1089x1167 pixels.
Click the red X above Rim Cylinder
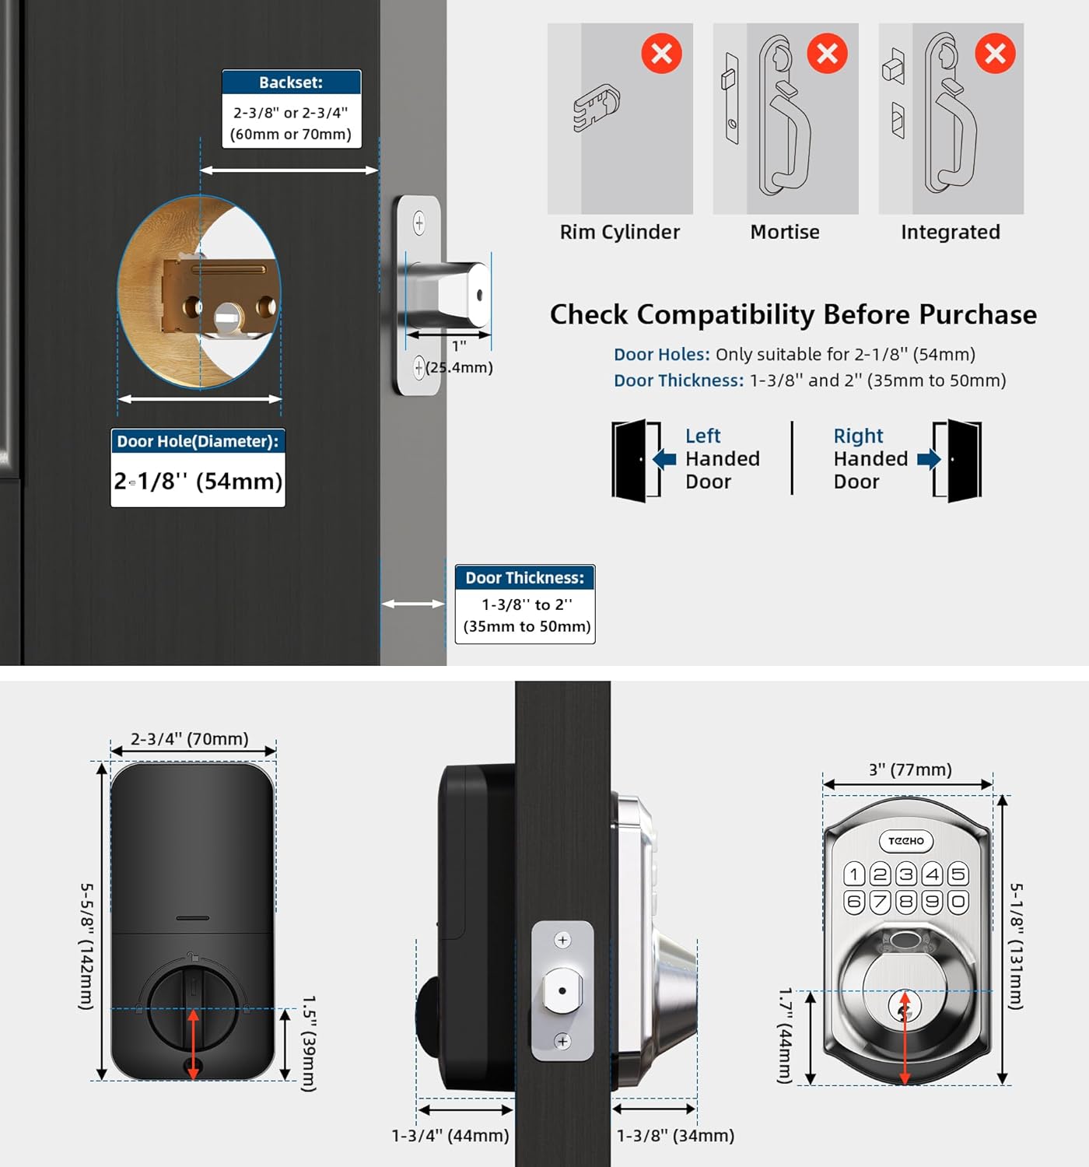click(x=661, y=54)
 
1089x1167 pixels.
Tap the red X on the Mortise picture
click(x=827, y=54)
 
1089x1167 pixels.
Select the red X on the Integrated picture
click(x=995, y=54)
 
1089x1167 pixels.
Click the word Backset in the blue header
click(x=290, y=82)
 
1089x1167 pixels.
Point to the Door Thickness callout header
click(x=524, y=578)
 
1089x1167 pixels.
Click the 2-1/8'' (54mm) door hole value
click(x=198, y=481)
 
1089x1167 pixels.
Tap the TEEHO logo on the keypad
click(x=906, y=841)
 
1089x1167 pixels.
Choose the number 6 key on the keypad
click(x=854, y=902)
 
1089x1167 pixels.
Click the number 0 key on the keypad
click(x=958, y=902)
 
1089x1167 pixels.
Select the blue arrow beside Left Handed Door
click(x=664, y=459)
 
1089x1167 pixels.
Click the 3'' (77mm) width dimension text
click(x=910, y=769)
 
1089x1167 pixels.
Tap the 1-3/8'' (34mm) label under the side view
click(x=675, y=1136)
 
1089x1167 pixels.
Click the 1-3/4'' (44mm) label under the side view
click(x=450, y=1136)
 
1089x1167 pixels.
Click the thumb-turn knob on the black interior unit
click(x=194, y=1008)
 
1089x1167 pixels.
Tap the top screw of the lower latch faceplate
click(x=562, y=940)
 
